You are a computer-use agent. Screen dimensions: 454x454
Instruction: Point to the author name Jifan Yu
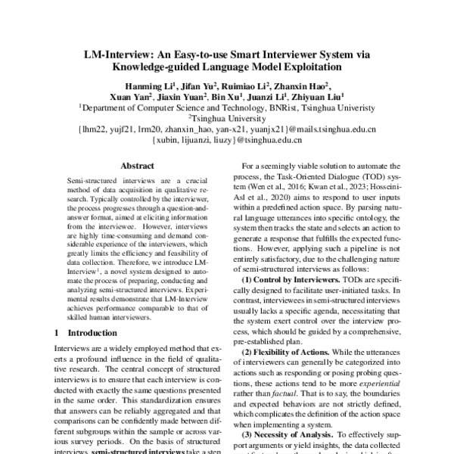tap(200, 85)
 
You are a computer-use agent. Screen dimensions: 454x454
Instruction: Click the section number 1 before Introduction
tap(58, 331)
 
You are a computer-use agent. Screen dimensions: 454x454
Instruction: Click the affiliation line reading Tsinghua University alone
tap(227, 119)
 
